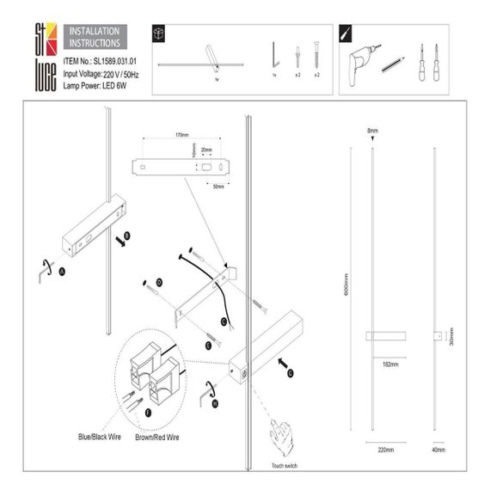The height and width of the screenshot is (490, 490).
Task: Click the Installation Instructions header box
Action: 95,35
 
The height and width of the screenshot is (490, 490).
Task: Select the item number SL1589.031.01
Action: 100,62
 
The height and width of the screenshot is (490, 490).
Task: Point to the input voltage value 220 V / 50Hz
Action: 124,74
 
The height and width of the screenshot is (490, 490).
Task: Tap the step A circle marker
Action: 62,270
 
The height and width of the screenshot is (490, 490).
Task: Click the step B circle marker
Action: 128,233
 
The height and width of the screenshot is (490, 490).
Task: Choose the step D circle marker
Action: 159,283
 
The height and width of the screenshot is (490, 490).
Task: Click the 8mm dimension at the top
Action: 372,131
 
